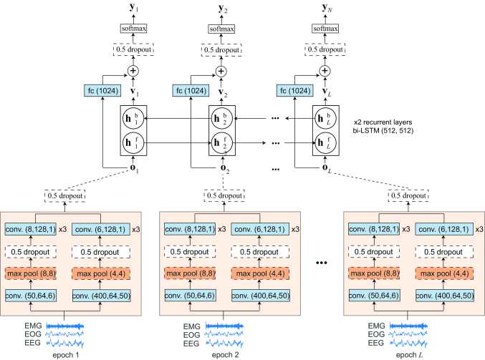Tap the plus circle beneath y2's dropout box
[x=222, y=71]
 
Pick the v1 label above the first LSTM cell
[x=133, y=91]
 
